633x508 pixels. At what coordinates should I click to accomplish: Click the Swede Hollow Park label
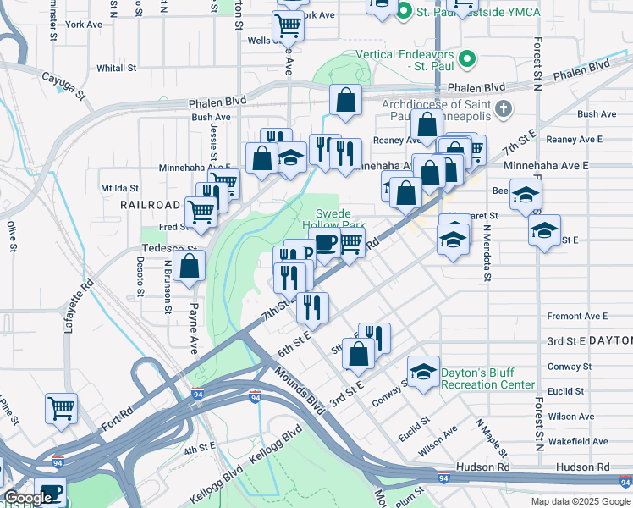339,219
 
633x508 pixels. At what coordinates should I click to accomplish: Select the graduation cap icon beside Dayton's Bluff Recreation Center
423,371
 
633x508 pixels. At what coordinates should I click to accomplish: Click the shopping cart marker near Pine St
62,408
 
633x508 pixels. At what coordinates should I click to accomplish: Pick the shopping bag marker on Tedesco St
190,264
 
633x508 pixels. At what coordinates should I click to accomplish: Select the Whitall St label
111,68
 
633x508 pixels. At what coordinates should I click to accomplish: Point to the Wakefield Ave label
577,441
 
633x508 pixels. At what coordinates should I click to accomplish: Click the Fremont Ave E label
577,316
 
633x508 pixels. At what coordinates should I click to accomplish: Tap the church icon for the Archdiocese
504,109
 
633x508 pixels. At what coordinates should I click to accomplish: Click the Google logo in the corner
28,499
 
